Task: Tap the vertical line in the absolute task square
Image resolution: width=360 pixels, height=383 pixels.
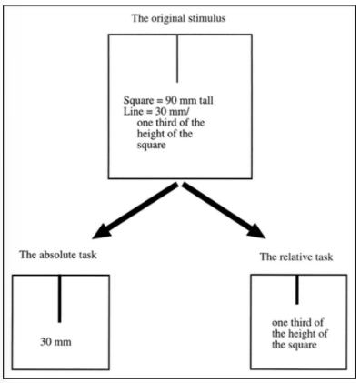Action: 60,297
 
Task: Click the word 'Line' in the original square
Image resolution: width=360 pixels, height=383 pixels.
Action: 131,111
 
